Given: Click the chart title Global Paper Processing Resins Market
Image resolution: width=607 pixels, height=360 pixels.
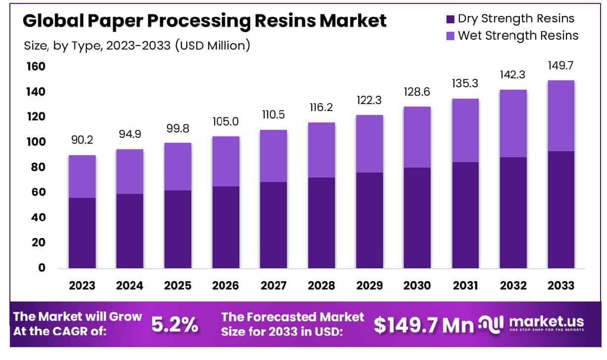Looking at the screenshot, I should tap(204, 21).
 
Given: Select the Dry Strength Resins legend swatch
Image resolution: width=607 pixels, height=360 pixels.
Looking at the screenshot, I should tap(450, 19).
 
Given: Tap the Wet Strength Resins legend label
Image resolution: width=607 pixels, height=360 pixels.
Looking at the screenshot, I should tap(518, 36).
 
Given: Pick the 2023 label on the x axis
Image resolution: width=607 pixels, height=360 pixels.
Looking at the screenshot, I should tap(82, 286).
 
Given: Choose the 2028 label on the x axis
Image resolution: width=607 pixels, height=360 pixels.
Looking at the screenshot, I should tap(321, 286).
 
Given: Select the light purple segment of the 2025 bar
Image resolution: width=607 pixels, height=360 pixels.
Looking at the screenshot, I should tap(178, 166).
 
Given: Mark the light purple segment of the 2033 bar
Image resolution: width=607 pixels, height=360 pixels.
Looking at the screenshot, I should tap(561, 116).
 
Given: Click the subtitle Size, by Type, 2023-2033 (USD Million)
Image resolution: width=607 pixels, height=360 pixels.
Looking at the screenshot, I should tap(137, 46).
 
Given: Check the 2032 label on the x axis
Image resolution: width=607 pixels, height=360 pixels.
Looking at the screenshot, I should tap(512, 286).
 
